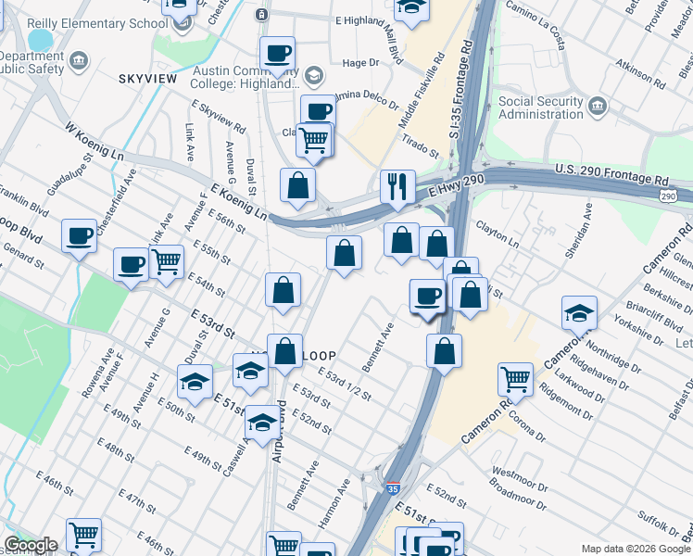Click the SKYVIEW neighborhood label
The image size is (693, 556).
point(146,79)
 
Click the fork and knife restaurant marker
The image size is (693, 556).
point(398,187)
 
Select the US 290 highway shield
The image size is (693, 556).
point(668,196)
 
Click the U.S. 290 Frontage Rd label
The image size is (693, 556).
point(611,173)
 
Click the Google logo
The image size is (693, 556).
point(31,545)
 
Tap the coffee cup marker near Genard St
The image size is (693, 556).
point(81,236)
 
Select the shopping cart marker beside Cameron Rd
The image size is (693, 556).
point(516,377)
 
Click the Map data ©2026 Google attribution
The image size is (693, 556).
point(636,549)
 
